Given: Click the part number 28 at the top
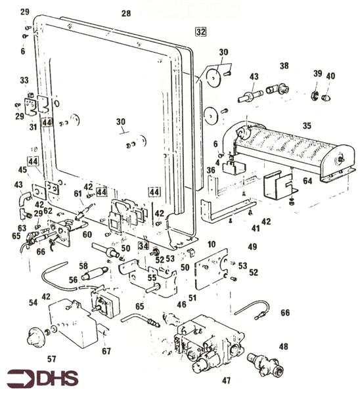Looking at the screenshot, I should [x=126, y=13].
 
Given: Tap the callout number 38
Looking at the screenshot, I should [x=284, y=66].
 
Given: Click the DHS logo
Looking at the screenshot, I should [x=43, y=378].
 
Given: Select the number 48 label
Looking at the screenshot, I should [x=283, y=346].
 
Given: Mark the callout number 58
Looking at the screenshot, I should [x=83, y=265].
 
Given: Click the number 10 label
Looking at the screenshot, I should [x=212, y=244].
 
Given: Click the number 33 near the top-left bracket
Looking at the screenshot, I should [x=24, y=80].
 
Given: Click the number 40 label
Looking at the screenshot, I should [x=330, y=76].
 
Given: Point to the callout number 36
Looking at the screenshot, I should [x=211, y=170].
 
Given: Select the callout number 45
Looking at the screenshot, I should [x=22, y=169].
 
